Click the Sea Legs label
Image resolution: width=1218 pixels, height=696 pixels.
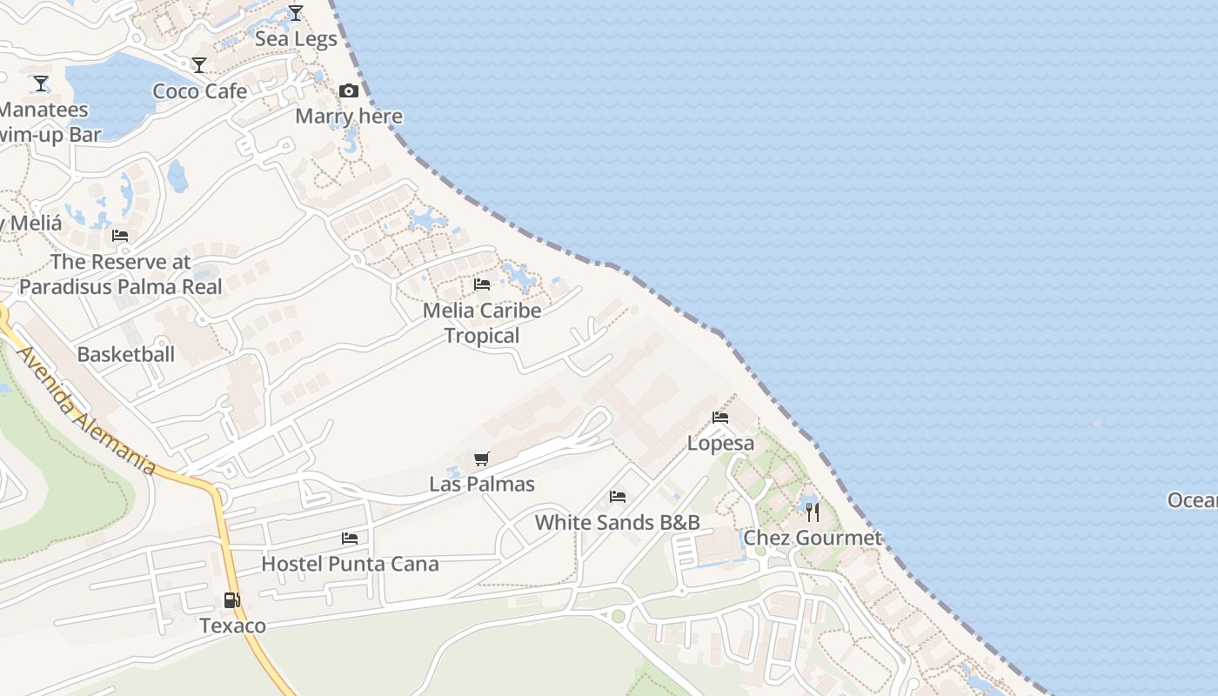(x=296, y=39)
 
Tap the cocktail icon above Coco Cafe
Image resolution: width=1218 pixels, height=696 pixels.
(x=199, y=65)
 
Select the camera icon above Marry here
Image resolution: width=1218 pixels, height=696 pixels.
(x=349, y=90)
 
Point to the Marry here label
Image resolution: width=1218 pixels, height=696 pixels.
(x=349, y=117)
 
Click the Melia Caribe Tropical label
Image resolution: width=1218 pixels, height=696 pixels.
(x=482, y=323)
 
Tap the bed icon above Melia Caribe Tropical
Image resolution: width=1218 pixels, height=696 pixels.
(x=482, y=284)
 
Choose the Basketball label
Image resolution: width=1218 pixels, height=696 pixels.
(x=126, y=354)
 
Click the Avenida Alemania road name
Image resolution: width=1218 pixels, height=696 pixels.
(x=85, y=412)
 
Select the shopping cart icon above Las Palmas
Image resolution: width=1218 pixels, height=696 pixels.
(x=482, y=458)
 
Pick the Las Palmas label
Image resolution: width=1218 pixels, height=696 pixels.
(x=482, y=484)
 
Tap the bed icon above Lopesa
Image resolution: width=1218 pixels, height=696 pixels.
(x=720, y=418)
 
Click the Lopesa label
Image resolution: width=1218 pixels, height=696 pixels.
(x=720, y=443)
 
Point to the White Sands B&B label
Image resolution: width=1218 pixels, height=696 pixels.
(x=618, y=522)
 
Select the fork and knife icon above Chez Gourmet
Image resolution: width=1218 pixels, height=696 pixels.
(x=813, y=512)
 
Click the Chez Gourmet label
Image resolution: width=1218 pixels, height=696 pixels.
(x=813, y=538)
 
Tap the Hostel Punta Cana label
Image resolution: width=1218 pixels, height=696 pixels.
(x=350, y=564)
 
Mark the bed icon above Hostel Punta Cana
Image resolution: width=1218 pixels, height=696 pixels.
(x=350, y=539)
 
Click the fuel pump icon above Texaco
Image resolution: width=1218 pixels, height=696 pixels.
(x=232, y=599)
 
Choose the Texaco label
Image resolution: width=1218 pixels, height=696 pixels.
(x=232, y=626)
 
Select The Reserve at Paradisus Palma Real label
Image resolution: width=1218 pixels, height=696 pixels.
(x=121, y=273)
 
